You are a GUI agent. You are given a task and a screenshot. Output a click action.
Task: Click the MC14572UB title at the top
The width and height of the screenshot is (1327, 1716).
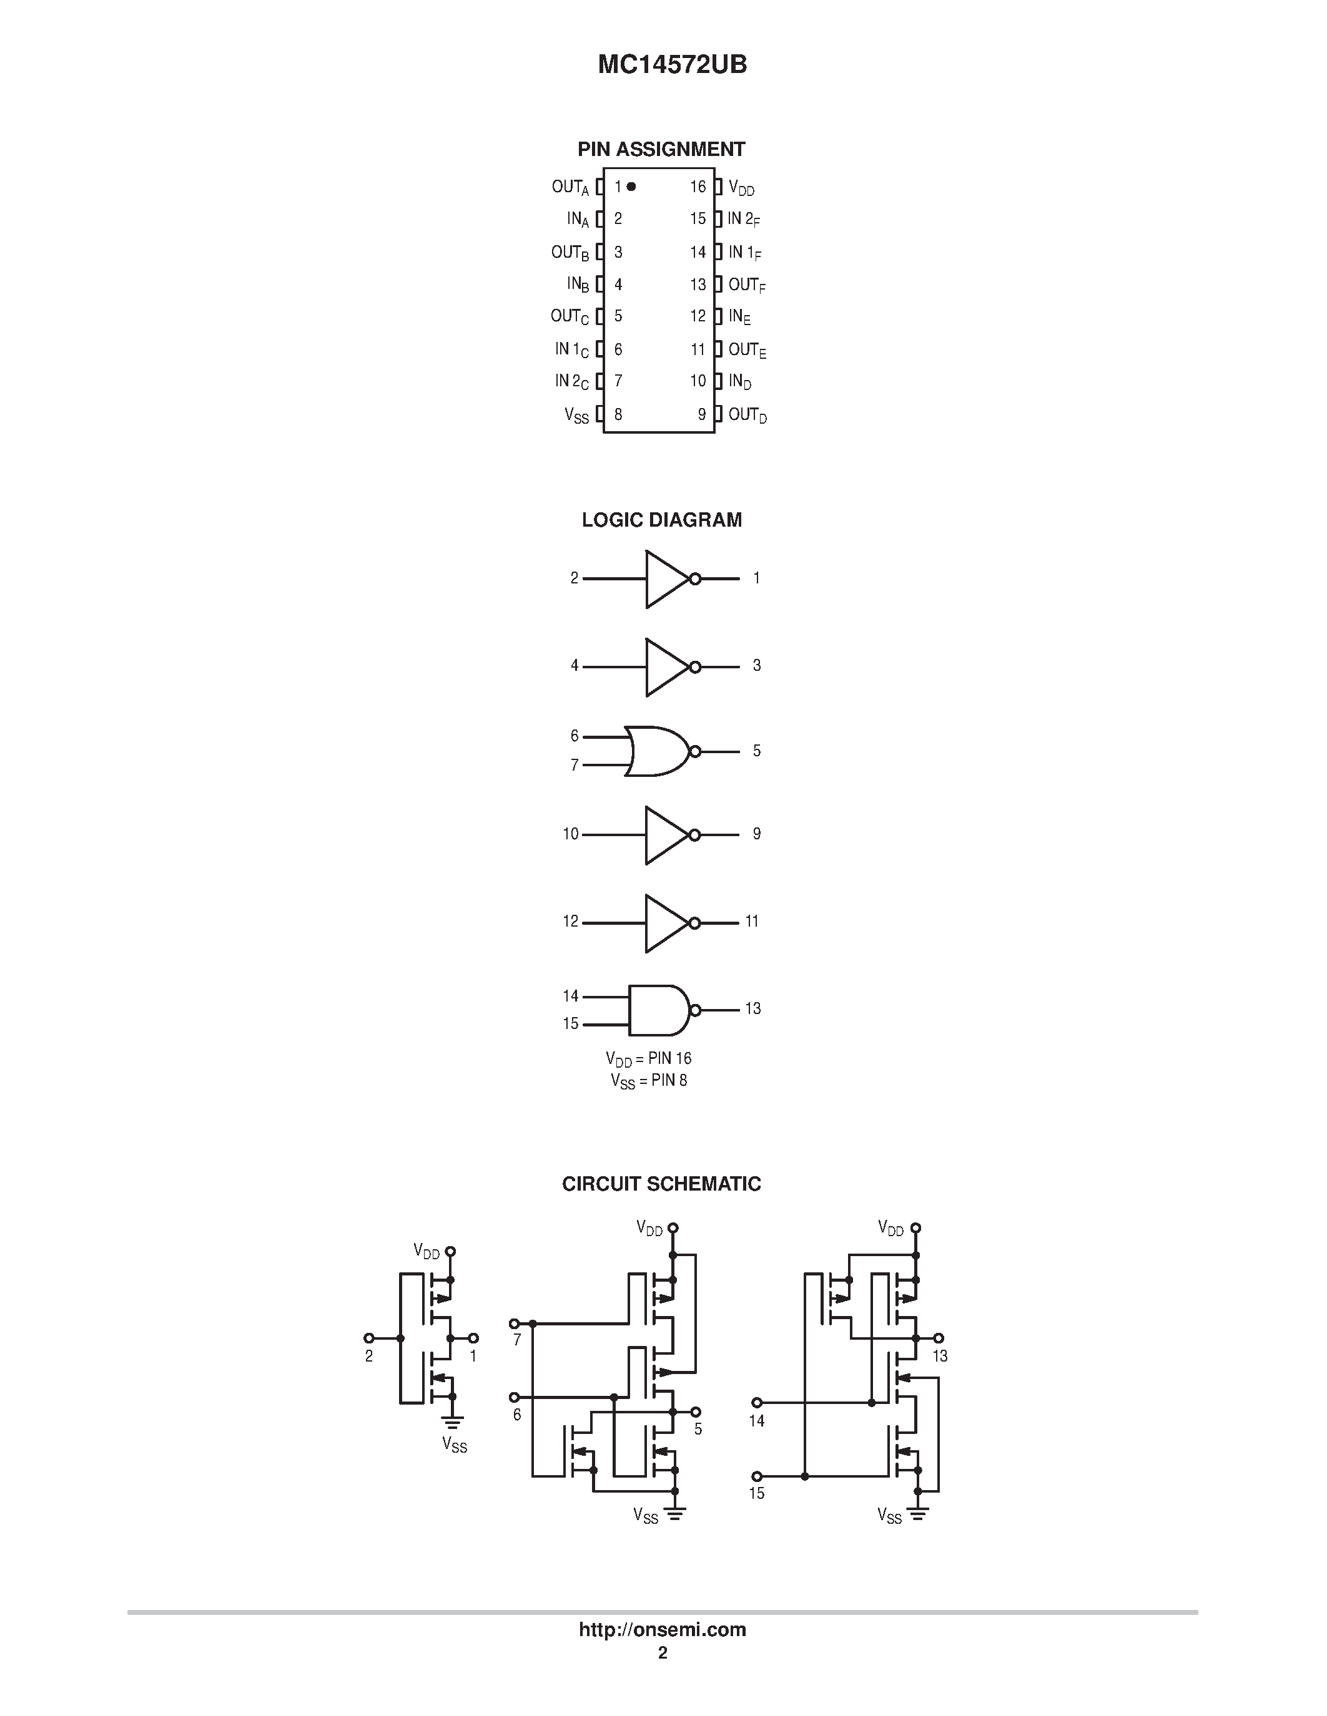coord(672,64)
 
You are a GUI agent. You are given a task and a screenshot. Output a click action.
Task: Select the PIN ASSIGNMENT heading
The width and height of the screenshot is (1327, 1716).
coord(661,149)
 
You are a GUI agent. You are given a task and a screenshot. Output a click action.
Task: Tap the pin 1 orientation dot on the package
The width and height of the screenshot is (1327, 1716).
coord(631,187)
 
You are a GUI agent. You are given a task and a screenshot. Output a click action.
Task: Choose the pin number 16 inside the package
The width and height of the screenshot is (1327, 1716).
coord(698,187)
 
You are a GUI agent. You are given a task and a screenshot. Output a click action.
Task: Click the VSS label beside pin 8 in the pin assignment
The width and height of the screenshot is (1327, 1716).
coord(576,416)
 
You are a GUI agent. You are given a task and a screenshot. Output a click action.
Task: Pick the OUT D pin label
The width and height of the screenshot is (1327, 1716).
coord(747,416)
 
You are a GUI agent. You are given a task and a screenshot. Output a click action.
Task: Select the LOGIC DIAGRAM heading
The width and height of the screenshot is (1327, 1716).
coord(661,520)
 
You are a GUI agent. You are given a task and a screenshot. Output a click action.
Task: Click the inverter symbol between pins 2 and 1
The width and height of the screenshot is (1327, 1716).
coord(668,579)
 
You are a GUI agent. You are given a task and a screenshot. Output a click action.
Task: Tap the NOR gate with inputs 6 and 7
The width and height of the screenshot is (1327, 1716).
coord(659,751)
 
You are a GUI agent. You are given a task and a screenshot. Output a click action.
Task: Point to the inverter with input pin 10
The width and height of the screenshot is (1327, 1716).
coord(668,835)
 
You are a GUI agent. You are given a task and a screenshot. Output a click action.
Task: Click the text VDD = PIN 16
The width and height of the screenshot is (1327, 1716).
coord(649,1059)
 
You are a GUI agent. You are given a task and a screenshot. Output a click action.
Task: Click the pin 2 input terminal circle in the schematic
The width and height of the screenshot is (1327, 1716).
coord(368,1338)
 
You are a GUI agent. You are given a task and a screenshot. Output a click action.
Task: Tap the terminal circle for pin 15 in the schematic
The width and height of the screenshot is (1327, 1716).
coord(757,1476)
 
